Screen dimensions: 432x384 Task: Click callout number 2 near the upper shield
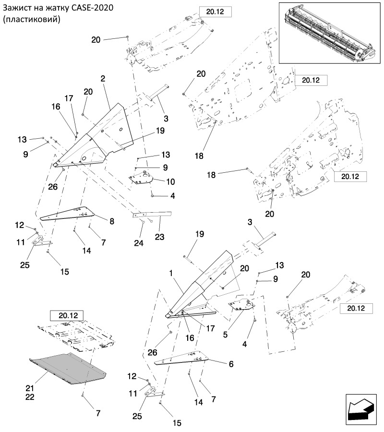[x=103, y=78]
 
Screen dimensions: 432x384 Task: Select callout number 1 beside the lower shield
[x=170, y=273]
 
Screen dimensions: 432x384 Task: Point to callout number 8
[x=112, y=221]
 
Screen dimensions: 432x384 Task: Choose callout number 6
[x=231, y=364]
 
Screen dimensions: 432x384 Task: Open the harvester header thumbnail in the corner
[x=329, y=33]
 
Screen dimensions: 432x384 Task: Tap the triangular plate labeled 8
[x=72, y=214]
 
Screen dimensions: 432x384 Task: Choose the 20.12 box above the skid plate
[x=67, y=315]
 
